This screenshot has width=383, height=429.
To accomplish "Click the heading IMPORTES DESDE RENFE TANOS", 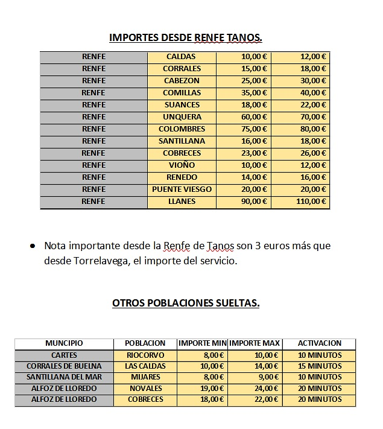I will pyautogui.click(x=186, y=38).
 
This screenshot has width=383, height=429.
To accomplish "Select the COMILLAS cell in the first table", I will pyautogui.click(x=182, y=93).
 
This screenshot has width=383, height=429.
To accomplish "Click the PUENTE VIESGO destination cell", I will pyautogui.click(x=182, y=189).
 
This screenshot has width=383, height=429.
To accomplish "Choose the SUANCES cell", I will pyautogui.click(x=182, y=105).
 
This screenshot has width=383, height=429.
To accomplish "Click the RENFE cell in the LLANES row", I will pyautogui.click(x=93, y=202).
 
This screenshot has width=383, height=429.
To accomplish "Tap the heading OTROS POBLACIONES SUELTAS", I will pyautogui.click(x=186, y=303).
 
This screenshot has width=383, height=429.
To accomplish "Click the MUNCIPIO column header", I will pyautogui.click(x=64, y=343).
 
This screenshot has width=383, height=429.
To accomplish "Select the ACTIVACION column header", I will pyautogui.click(x=319, y=343).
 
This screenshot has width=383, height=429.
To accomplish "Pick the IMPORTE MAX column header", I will pyautogui.click(x=255, y=343).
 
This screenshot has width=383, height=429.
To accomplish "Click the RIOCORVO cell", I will pyautogui.click(x=145, y=355).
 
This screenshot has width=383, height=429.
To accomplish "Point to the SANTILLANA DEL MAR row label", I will pyautogui.click(x=64, y=377).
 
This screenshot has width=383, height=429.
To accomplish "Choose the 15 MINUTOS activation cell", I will pyautogui.click(x=319, y=366).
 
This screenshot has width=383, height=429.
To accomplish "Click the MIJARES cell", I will pyautogui.click(x=145, y=377).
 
